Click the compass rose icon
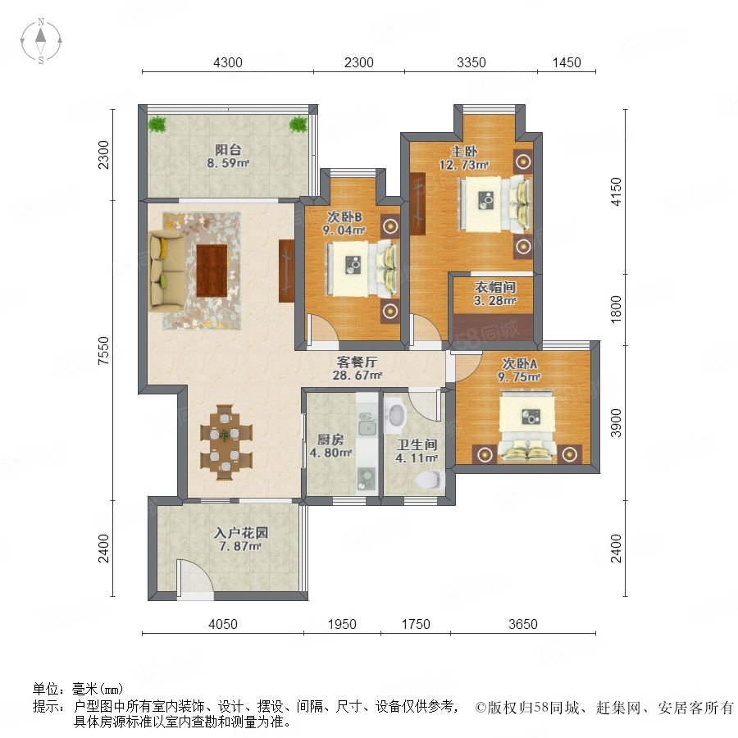41,41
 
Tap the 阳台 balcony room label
228,150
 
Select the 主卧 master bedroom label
464,152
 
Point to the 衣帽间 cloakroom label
495,287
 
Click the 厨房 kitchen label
330,440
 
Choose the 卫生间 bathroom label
417,444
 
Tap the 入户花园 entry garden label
240,533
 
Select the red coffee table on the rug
212,271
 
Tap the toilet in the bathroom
430,479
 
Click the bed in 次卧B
363,269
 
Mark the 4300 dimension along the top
228,62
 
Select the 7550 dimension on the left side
103,351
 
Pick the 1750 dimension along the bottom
416,624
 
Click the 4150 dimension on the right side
616,192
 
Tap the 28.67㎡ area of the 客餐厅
358,376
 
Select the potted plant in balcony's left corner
157,125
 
